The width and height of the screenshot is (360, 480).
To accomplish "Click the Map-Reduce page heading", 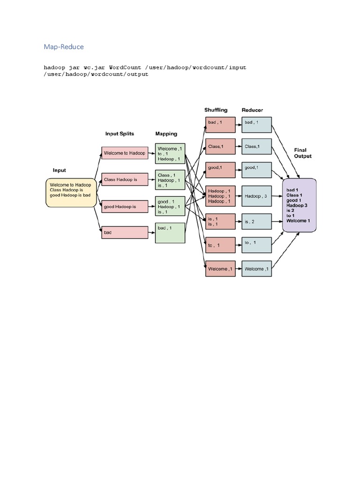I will click(x=64, y=46).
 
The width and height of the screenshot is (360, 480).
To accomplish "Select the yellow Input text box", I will click(x=71, y=193).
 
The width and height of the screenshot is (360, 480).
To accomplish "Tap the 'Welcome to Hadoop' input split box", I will click(x=125, y=153).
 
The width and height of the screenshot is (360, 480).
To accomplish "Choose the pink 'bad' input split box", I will click(x=125, y=232).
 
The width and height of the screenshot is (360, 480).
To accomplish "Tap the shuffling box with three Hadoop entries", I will click(x=220, y=196).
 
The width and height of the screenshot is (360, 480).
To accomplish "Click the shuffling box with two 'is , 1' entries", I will click(x=220, y=221).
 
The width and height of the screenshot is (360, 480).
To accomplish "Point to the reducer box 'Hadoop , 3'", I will click(x=256, y=196).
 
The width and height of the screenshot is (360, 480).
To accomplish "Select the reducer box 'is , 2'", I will click(x=256, y=221).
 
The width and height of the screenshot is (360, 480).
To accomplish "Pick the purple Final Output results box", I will click(x=300, y=205).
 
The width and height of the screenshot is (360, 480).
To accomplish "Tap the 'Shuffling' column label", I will click(x=216, y=110).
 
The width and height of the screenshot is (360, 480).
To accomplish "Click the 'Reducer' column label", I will click(x=252, y=110).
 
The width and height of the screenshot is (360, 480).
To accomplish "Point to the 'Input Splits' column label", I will click(x=120, y=134).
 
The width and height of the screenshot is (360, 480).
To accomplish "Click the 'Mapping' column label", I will click(x=166, y=134).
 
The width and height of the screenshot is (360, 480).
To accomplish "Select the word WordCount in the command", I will click(x=125, y=67).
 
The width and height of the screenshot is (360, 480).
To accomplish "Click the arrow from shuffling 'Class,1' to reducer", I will click(x=238, y=146).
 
